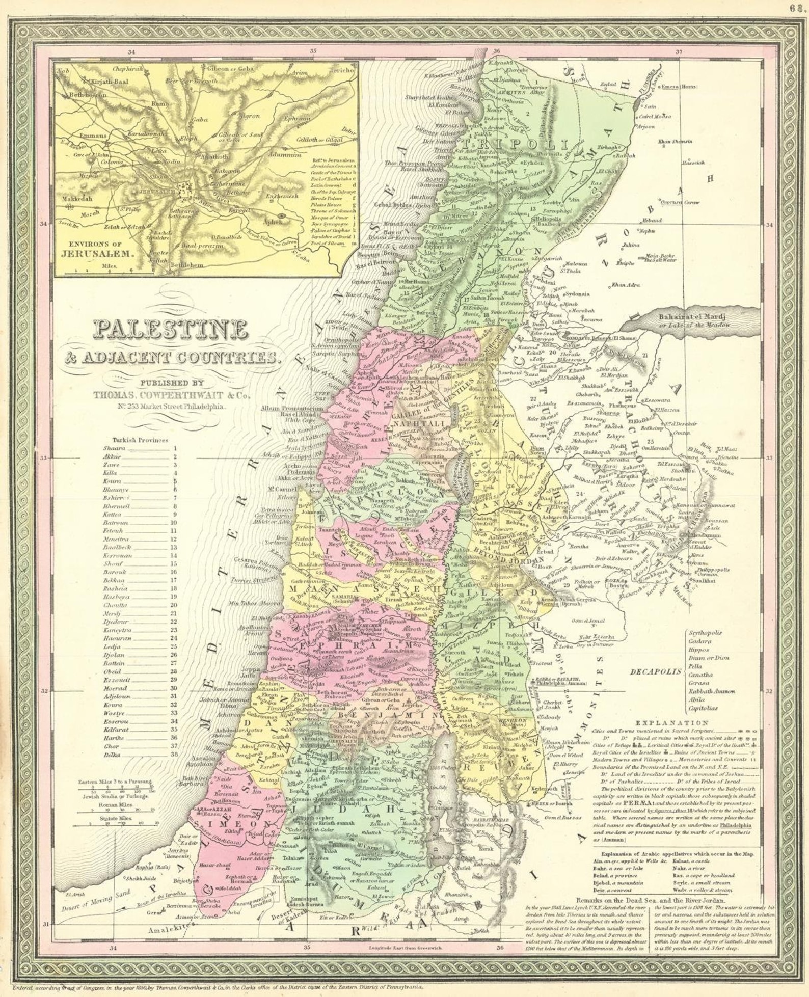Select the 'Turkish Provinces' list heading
pyautogui.click(x=140, y=440)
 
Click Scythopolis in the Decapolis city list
pyautogui.click(x=705, y=633)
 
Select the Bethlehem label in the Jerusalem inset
pyautogui.click(x=186, y=265)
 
